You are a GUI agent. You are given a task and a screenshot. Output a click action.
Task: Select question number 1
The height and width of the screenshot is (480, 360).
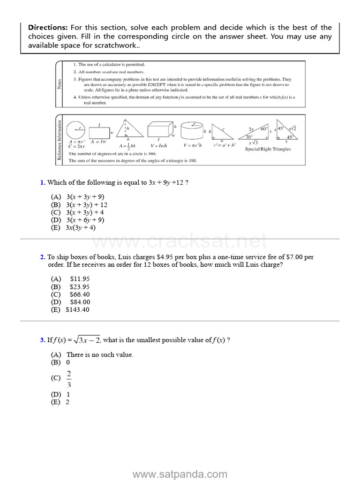point(42,182)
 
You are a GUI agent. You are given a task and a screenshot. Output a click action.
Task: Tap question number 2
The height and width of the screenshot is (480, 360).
point(42,257)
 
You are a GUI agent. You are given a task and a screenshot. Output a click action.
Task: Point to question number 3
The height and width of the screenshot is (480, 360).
point(42,340)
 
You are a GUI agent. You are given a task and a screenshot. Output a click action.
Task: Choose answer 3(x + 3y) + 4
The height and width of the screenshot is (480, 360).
point(85,212)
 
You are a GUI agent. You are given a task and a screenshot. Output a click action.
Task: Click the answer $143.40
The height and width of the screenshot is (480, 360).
point(77,309)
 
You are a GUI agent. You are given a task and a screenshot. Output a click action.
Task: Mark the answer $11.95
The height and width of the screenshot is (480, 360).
point(79,279)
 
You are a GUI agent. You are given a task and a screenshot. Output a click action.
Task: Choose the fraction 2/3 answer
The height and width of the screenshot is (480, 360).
point(69,378)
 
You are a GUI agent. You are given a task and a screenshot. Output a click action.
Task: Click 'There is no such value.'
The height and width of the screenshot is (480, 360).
point(99,355)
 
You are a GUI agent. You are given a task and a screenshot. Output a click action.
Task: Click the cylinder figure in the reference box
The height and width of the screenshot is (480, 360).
point(191,130)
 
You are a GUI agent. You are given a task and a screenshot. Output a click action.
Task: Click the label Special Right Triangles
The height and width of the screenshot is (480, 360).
point(268,149)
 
